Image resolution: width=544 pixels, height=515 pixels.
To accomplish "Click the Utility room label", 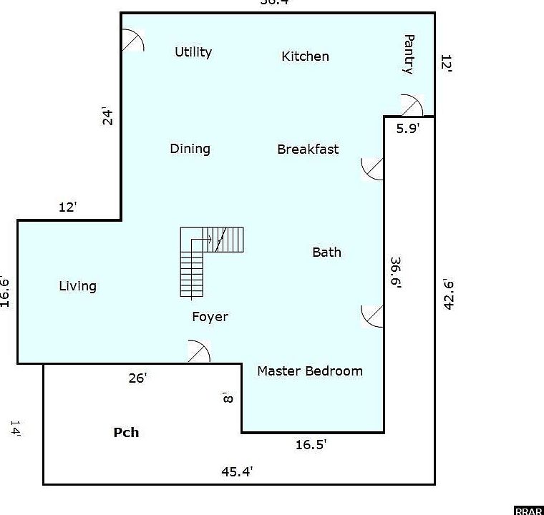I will pyautogui.click(x=193, y=52).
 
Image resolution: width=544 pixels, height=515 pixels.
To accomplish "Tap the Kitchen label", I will pyautogui.click(x=305, y=57).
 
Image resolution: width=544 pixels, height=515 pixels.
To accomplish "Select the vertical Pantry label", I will pyautogui.click(x=409, y=54).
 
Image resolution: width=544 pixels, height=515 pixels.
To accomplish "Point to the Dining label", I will pyautogui.click(x=190, y=149).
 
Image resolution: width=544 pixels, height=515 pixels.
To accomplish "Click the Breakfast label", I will pyautogui.click(x=308, y=149).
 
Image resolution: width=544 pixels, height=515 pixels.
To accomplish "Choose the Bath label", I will pyautogui.click(x=326, y=252).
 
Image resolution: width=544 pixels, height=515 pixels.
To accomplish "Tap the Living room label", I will pyautogui.click(x=77, y=286).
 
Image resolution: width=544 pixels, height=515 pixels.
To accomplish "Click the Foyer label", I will pyautogui.click(x=210, y=317).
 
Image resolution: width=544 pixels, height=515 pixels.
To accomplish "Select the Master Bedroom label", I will pyautogui.click(x=309, y=371).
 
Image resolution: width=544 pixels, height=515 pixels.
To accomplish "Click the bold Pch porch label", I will pyautogui.click(x=126, y=433).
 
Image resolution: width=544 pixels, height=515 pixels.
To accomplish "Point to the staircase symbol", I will pyautogui.click(x=208, y=257).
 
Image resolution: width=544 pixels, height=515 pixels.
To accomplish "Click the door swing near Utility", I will pyautogui.click(x=132, y=41).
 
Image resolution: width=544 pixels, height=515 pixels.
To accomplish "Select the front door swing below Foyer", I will pyautogui.click(x=198, y=352).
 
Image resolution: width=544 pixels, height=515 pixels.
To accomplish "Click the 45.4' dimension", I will pyautogui.click(x=237, y=471).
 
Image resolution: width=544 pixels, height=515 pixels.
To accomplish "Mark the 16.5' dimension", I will pyautogui.click(x=311, y=445).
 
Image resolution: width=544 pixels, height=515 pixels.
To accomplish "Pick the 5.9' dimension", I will pyautogui.click(x=408, y=129).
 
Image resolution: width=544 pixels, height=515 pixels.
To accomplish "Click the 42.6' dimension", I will pyautogui.click(x=449, y=293).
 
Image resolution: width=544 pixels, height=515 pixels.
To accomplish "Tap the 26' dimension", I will pyautogui.click(x=137, y=378).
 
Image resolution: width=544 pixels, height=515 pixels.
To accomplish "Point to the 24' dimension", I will pyautogui.click(x=108, y=116).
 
